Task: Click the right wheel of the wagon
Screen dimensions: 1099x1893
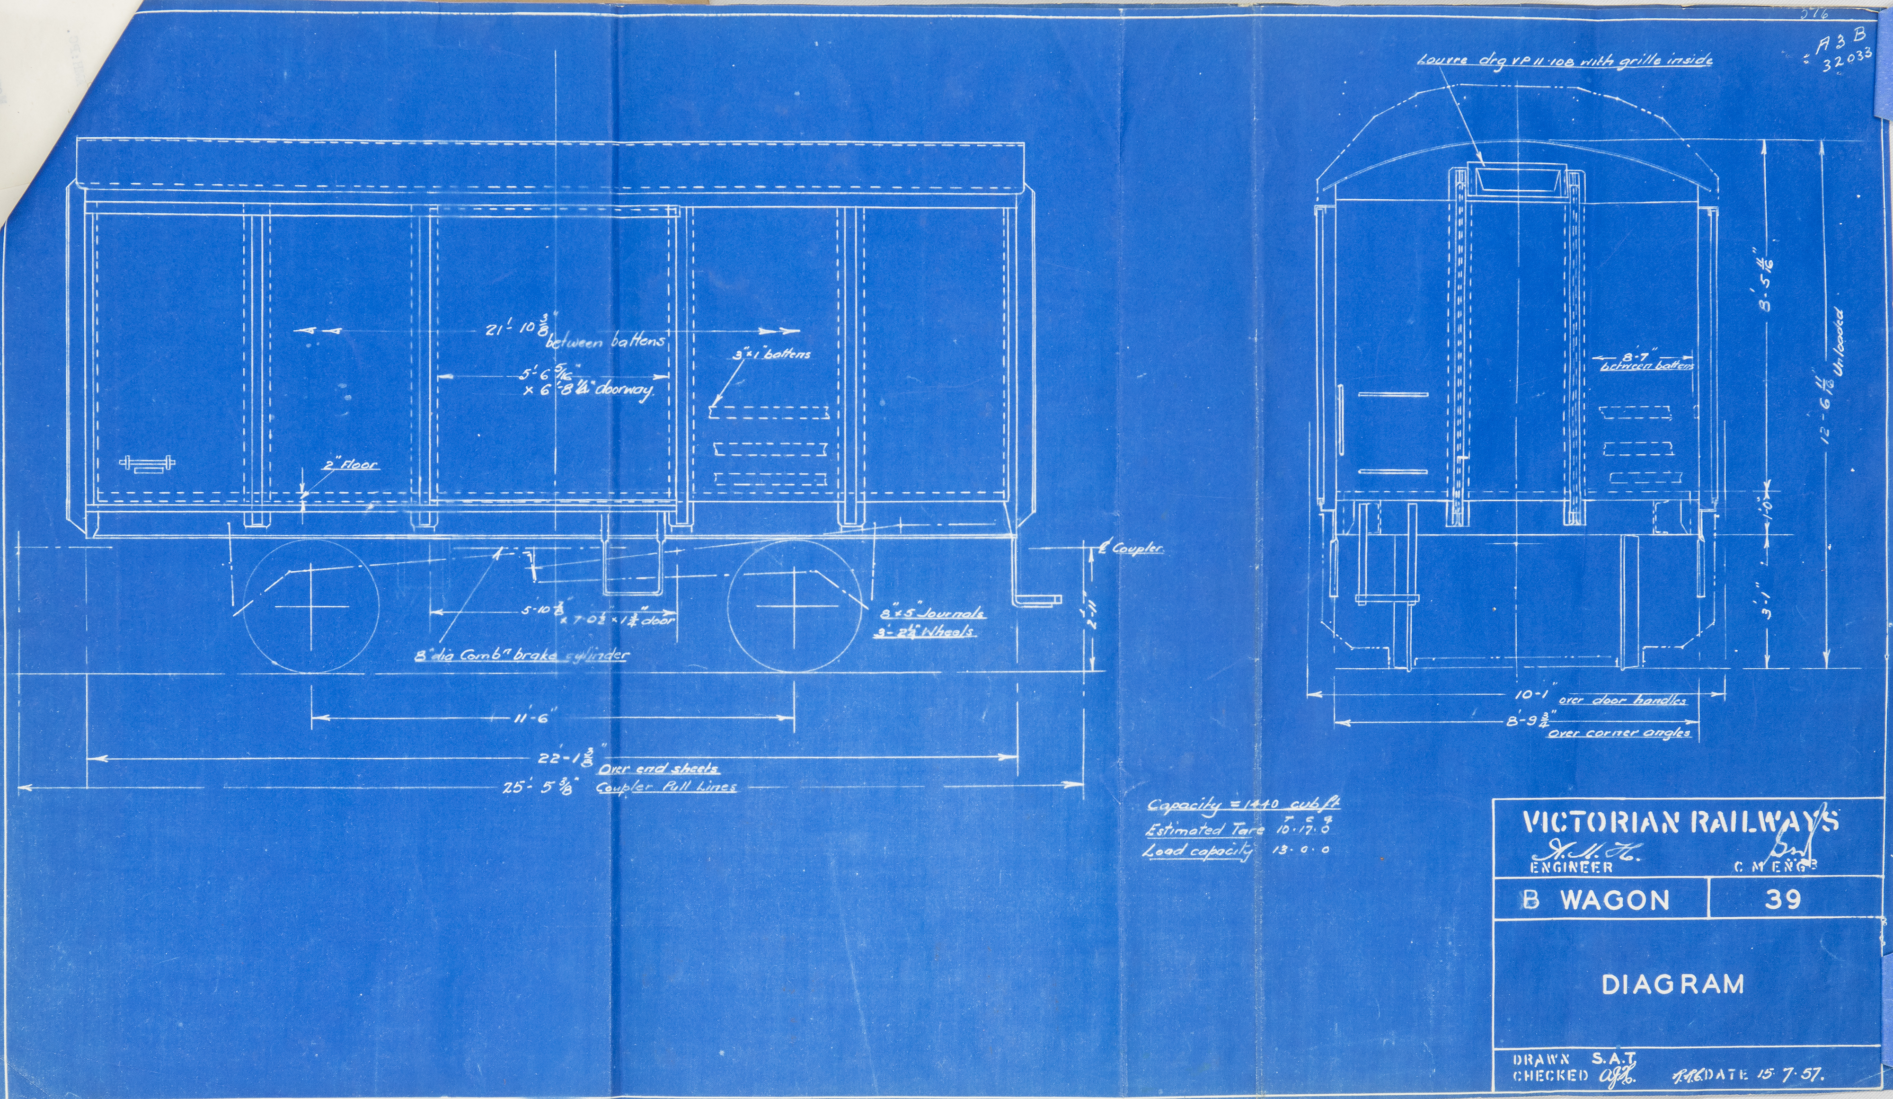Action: (x=795, y=605)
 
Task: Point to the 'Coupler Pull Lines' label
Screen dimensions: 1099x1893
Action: (x=665, y=787)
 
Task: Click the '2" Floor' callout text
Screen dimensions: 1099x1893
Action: (x=350, y=465)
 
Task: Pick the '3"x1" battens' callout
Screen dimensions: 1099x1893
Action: (x=771, y=354)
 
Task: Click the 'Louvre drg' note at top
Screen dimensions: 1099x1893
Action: (x=1564, y=59)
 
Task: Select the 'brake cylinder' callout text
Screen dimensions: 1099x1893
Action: (x=522, y=655)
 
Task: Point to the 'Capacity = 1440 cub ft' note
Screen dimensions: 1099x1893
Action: (x=1242, y=805)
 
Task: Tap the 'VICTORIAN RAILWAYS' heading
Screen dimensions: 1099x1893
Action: (x=1680, y=822)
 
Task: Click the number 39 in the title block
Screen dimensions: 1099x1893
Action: (x=1783, y=899)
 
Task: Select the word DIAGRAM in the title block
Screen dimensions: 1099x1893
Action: (x=1673, y=984)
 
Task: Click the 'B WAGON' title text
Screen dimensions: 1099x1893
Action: (x=1596, y=900)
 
